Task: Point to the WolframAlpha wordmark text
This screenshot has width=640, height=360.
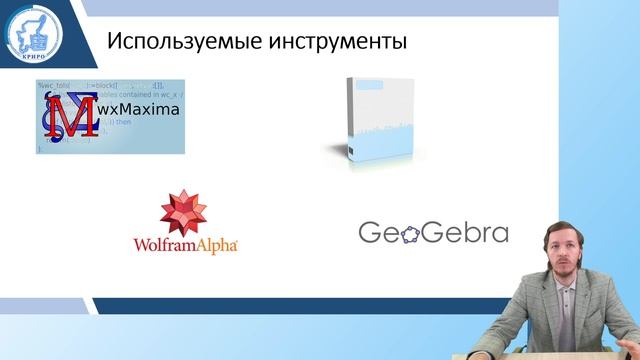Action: tap(184, 243)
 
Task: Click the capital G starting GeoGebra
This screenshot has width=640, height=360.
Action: tap(371, 232)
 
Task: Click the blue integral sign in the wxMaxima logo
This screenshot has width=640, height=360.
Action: tap(50, 117)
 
